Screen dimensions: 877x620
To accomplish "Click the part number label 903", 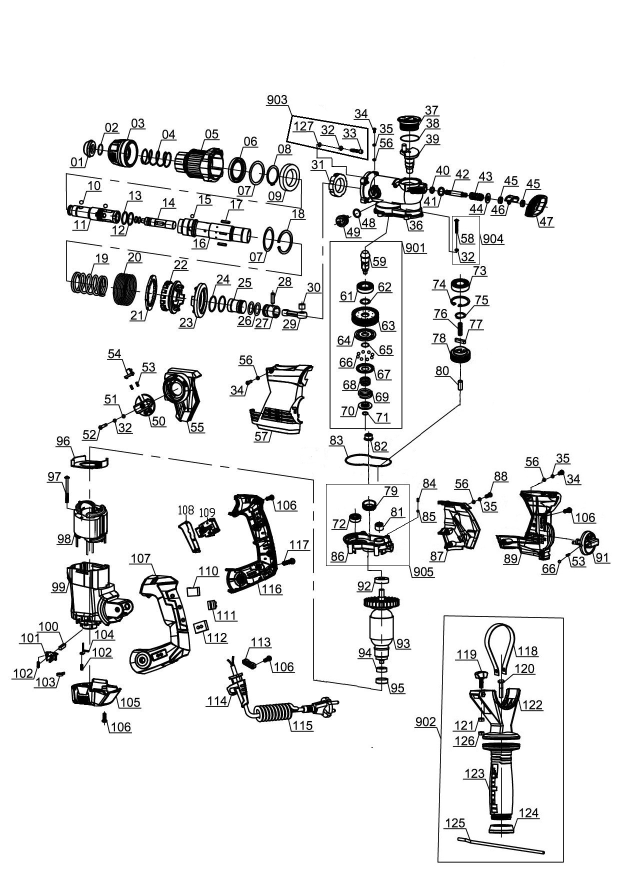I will (x=277, y=99).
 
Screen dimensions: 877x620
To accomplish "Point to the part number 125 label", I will (x=454, y=823).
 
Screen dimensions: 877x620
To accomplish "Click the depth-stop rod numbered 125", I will (x=500, y=844).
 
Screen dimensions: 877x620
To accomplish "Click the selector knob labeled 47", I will (x=538, y=205).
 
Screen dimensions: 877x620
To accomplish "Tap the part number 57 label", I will (x=261, y=436).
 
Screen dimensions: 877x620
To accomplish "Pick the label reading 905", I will (x=423, y=572).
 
